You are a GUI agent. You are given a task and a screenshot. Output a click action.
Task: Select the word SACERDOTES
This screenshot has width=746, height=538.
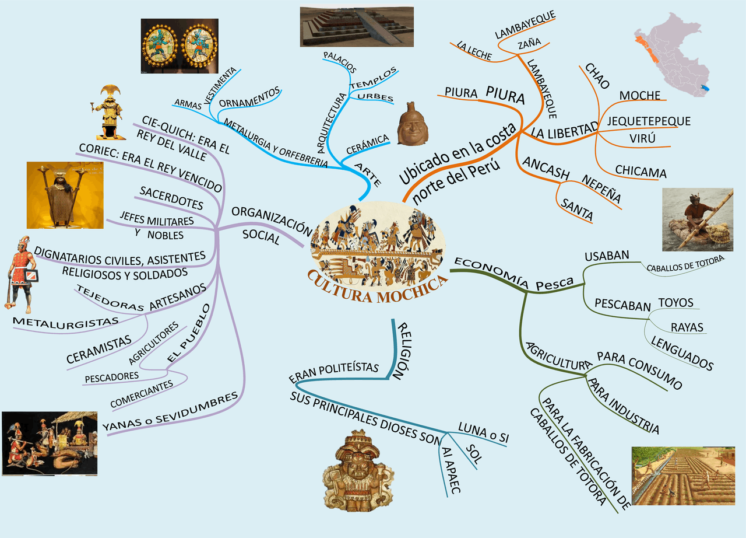click(x=171, y=198)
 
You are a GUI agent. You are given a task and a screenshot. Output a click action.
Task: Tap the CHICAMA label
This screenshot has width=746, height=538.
click(x=641, y=172)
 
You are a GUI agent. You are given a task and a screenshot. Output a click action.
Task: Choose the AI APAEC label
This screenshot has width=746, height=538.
click(x=451, y=470)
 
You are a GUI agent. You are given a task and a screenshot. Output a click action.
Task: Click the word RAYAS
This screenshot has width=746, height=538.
click(x=687, y=327)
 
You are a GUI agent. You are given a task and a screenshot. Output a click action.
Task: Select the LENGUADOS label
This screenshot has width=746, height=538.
click(x=682, y=354)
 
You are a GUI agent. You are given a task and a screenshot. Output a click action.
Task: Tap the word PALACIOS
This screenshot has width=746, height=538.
click(x=340, y=62)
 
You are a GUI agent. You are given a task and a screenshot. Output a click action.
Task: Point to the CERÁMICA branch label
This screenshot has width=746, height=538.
click(x=367, y=144)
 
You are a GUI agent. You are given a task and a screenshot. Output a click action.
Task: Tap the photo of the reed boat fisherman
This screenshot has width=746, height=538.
click(x=697, y=219)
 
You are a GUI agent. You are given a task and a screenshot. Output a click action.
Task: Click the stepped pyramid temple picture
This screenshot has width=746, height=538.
click(x=357, y=27)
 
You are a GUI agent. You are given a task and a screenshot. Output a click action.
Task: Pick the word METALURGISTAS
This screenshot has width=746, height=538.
click(x=65, y=322)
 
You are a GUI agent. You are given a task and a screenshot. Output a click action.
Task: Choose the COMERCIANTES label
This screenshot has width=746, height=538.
click(x=142, y=394)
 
